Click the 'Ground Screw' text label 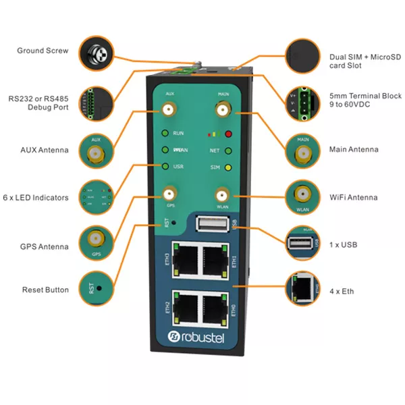pyautogui.click(x=43, y=51)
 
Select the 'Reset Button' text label pyautogui.click(x=45, y=290)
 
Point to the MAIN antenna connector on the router pyautogui.click(x=222, y=109)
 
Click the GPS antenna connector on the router pyautogui.click(x=170, y=194)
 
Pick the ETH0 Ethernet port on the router pyautogui.click(x=215, y=307)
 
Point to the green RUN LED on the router pyautogui.click(x=165, y=134)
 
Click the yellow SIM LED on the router pyautogui.click(x=229, y=167)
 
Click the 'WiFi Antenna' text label pyautogui.click(x=353, y=198)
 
